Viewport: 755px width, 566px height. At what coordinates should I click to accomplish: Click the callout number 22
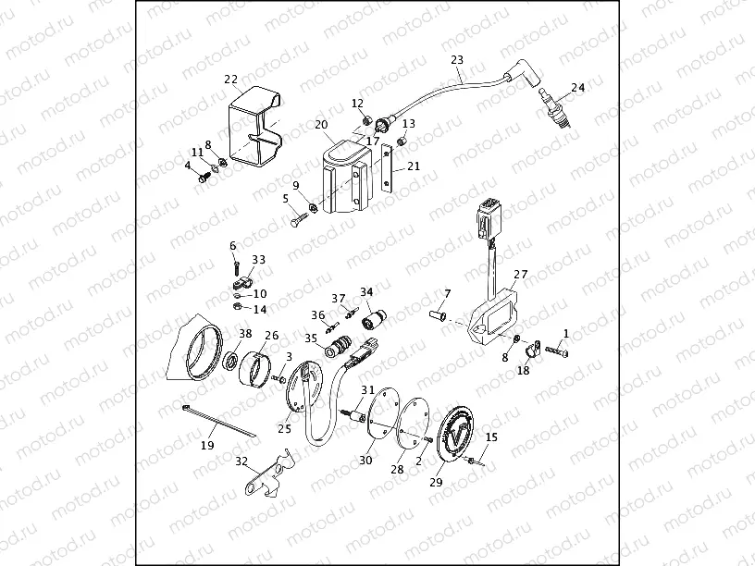[230, 79]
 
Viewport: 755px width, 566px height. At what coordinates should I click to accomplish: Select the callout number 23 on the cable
[456, 60]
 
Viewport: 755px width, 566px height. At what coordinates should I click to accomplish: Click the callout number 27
[520, 275]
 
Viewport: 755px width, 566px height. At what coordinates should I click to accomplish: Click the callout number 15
[491, 437]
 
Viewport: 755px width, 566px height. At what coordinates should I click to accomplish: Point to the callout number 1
[566, 332]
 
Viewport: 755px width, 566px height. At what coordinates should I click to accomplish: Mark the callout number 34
[366, 291]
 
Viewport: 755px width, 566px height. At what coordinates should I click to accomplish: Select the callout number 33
[258, 260]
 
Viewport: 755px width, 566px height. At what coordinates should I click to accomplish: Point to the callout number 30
[365, 460]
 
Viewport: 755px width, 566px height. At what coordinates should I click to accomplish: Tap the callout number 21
[413, 166]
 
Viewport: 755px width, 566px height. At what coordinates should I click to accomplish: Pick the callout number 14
[259, 310]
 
